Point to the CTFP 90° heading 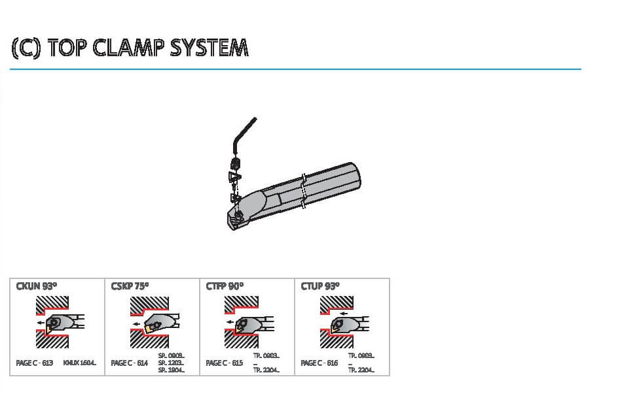point(225,286)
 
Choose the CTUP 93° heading point(320,286)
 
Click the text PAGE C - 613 point(35,363)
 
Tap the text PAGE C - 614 point(130,363)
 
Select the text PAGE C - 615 point(225,363)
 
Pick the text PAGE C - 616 point(319,363)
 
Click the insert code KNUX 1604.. point(80,363)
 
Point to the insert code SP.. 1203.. point(171,363)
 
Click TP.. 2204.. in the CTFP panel point(266,370)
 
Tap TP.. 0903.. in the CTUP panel point(361,355)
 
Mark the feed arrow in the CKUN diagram point(41,323)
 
